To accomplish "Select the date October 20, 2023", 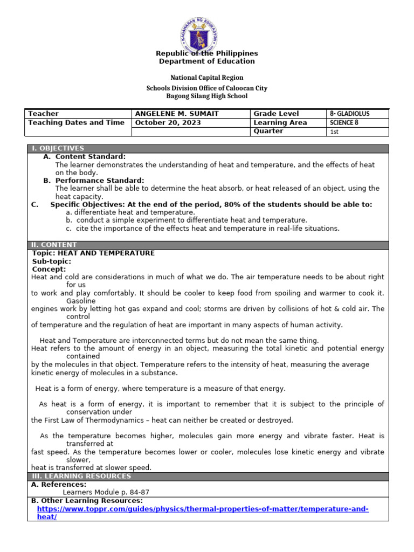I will [x=168, y=122].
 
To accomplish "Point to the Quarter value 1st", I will [x=334, y=132].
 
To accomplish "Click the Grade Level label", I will [x=276, y=114].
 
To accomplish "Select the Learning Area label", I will [x=280, y=122].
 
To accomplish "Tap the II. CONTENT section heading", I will [x=54, y=245].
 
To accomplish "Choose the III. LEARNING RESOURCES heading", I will [x=81, y=476].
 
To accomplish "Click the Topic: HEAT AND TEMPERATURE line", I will [x=93, y=253].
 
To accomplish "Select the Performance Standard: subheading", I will [x=99, y=180].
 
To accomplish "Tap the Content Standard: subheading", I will [x=91, y=156].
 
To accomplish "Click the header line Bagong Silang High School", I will [x=207, y=96].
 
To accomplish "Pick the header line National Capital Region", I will [x=207, y=78].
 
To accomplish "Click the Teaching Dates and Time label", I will [x=76, y=122].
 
